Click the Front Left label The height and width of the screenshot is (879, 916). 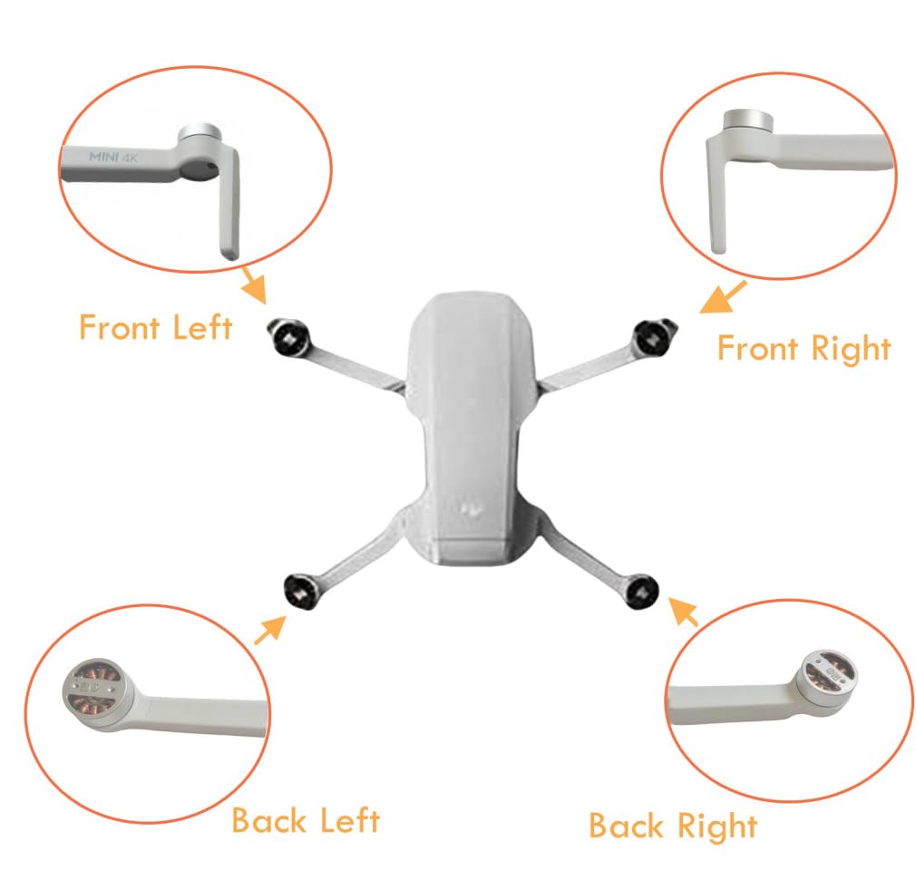(156, 327)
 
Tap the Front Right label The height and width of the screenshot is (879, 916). (804, 349)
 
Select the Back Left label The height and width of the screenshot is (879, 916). (306, 820)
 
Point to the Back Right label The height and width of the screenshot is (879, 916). (673, 826)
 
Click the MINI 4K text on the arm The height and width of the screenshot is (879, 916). (113, 157)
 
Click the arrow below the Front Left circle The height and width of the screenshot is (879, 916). (255, 285)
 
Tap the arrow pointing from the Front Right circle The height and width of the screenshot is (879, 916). (723, 297)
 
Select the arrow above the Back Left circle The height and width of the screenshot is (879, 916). (270, 629)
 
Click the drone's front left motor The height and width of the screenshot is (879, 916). (289, 337)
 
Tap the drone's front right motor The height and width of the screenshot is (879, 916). (652, 337)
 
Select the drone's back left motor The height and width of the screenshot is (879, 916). (302, 591)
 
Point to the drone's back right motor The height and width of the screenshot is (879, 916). (641, 591)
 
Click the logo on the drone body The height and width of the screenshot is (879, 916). (471, 509)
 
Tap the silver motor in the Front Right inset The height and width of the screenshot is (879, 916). (747, 121)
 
